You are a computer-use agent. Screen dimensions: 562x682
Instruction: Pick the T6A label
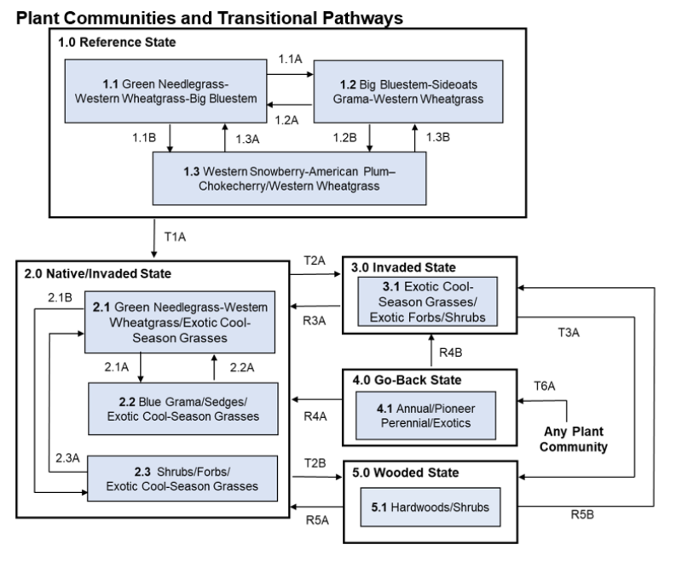545,385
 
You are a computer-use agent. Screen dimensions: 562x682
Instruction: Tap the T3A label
569,335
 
